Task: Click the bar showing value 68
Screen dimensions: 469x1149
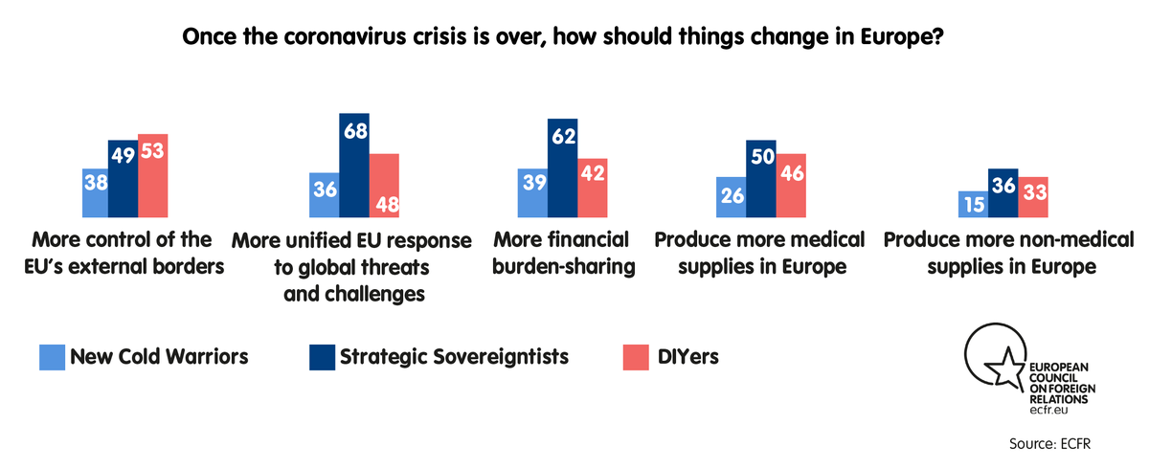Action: coord(354,166)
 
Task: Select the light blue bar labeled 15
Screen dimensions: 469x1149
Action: coord(974,205)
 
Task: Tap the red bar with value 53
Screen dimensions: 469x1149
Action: coord(153,176)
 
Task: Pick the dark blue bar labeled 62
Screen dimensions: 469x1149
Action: coord(562,168)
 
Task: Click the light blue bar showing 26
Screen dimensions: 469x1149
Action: coord(732,198)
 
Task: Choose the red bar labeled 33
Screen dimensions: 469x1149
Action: coord(1032,198)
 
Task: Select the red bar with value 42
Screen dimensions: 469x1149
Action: coord(593,189)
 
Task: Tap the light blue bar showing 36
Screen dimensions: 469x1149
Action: coord(325,196)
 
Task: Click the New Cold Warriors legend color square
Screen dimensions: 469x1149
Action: coord(52,357)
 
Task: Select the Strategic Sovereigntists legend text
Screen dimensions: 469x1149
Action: coord(454,357)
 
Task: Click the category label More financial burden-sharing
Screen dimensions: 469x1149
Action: coord(564,253)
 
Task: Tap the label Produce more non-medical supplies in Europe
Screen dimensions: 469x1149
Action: coord(1008,253)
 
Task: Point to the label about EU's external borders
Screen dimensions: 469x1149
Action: coord(122,253)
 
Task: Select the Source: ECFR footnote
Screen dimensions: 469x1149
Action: coord(1050,444)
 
